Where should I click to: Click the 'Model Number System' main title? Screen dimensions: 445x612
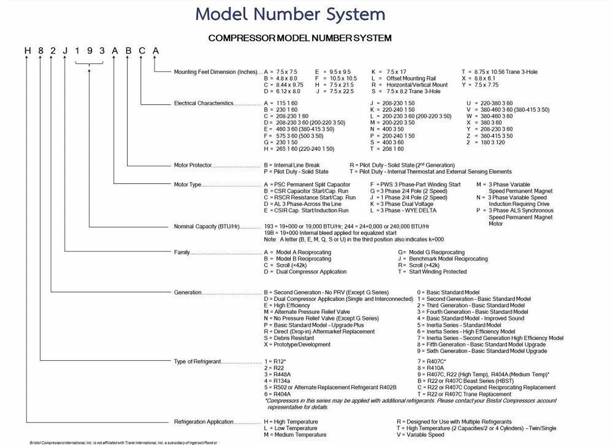(290, 14)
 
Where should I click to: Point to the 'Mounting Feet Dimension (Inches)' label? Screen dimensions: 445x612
(216, 72)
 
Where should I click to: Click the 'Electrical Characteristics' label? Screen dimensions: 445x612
(203, 103)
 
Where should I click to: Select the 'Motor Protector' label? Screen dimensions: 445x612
(193, 165)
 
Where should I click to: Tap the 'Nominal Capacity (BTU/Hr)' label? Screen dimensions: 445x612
(207, 226)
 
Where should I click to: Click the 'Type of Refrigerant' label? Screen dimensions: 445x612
(197, 361)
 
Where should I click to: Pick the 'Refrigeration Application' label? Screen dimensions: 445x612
(203, 422)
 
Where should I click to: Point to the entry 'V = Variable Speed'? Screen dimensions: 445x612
(420, 435)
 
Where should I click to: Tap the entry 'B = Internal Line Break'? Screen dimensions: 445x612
(292, 165)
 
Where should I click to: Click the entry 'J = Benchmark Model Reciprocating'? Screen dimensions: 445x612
(443, 259)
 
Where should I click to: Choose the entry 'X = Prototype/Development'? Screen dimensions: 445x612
(297, 345)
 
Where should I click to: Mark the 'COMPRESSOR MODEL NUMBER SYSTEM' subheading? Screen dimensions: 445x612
(300, 38)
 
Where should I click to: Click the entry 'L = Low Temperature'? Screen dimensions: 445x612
(290, 429)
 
